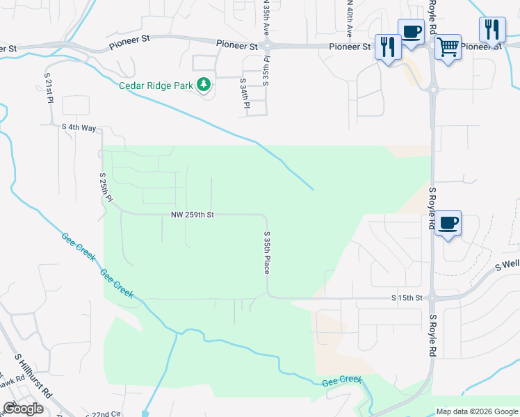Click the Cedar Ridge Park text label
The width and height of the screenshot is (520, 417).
[x=156, y=85]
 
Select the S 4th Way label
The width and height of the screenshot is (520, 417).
[x=79, y=127]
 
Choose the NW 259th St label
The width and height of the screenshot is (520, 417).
[x=192, y=215]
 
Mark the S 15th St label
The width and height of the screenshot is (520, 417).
[x=407, y=298]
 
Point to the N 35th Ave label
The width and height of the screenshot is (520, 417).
[x=265, y=19]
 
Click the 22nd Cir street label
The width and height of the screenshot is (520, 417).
[x=108, y=414]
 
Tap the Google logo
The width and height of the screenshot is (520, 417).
[x=23, y=409]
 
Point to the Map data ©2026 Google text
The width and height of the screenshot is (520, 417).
[x=477, y=411]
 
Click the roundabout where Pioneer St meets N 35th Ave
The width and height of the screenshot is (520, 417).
[x=267, y=46]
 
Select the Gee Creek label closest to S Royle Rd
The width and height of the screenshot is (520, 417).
[x=342, y=381]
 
